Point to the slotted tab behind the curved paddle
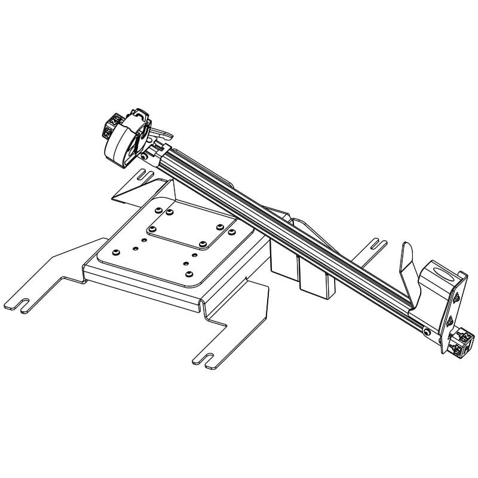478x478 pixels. [375, 244]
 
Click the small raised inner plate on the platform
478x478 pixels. [185, 230]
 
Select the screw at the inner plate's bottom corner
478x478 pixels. [203, 244]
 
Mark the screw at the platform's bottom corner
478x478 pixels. [189, 274]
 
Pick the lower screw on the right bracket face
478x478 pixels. [449, 322]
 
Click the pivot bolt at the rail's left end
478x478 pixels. [146, 157]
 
